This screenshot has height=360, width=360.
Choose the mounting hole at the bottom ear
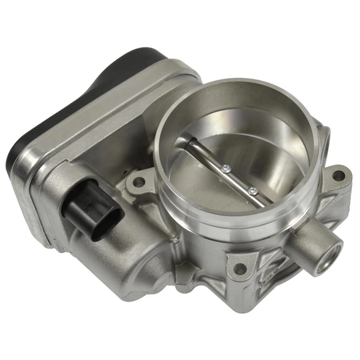241,269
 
